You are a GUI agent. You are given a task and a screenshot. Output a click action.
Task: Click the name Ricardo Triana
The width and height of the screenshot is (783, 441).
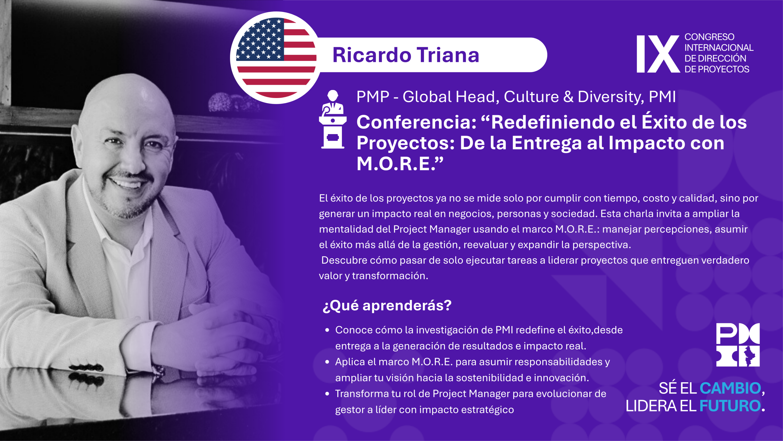coord(406,55)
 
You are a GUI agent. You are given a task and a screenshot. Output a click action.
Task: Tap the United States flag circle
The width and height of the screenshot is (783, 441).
coord(276,58)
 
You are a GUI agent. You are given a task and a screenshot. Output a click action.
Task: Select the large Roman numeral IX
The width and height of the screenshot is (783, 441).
coord(658,54)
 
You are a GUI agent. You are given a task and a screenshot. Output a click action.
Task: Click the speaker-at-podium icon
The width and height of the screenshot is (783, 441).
coord(333,119)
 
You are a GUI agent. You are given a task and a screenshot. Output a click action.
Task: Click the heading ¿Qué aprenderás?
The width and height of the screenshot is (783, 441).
coord(387,306)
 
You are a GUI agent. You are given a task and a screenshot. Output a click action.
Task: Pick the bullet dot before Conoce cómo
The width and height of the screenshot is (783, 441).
coord(327,330)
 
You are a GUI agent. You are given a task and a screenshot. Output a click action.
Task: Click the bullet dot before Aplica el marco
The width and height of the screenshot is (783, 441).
coord(327,362)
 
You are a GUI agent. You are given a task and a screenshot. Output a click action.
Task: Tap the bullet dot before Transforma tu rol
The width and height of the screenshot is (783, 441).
coord(327,394)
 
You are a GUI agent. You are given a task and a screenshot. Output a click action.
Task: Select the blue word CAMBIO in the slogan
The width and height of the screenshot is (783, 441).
coord(730,388)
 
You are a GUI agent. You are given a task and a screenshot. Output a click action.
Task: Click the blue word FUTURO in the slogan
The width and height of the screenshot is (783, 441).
coord(730,406)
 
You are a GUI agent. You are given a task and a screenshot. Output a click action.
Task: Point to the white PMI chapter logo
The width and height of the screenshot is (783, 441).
coord(738,345)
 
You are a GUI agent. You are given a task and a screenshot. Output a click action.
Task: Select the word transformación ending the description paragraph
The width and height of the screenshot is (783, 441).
coord(390,276)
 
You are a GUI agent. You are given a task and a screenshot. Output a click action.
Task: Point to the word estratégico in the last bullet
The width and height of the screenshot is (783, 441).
coord(488,410)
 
